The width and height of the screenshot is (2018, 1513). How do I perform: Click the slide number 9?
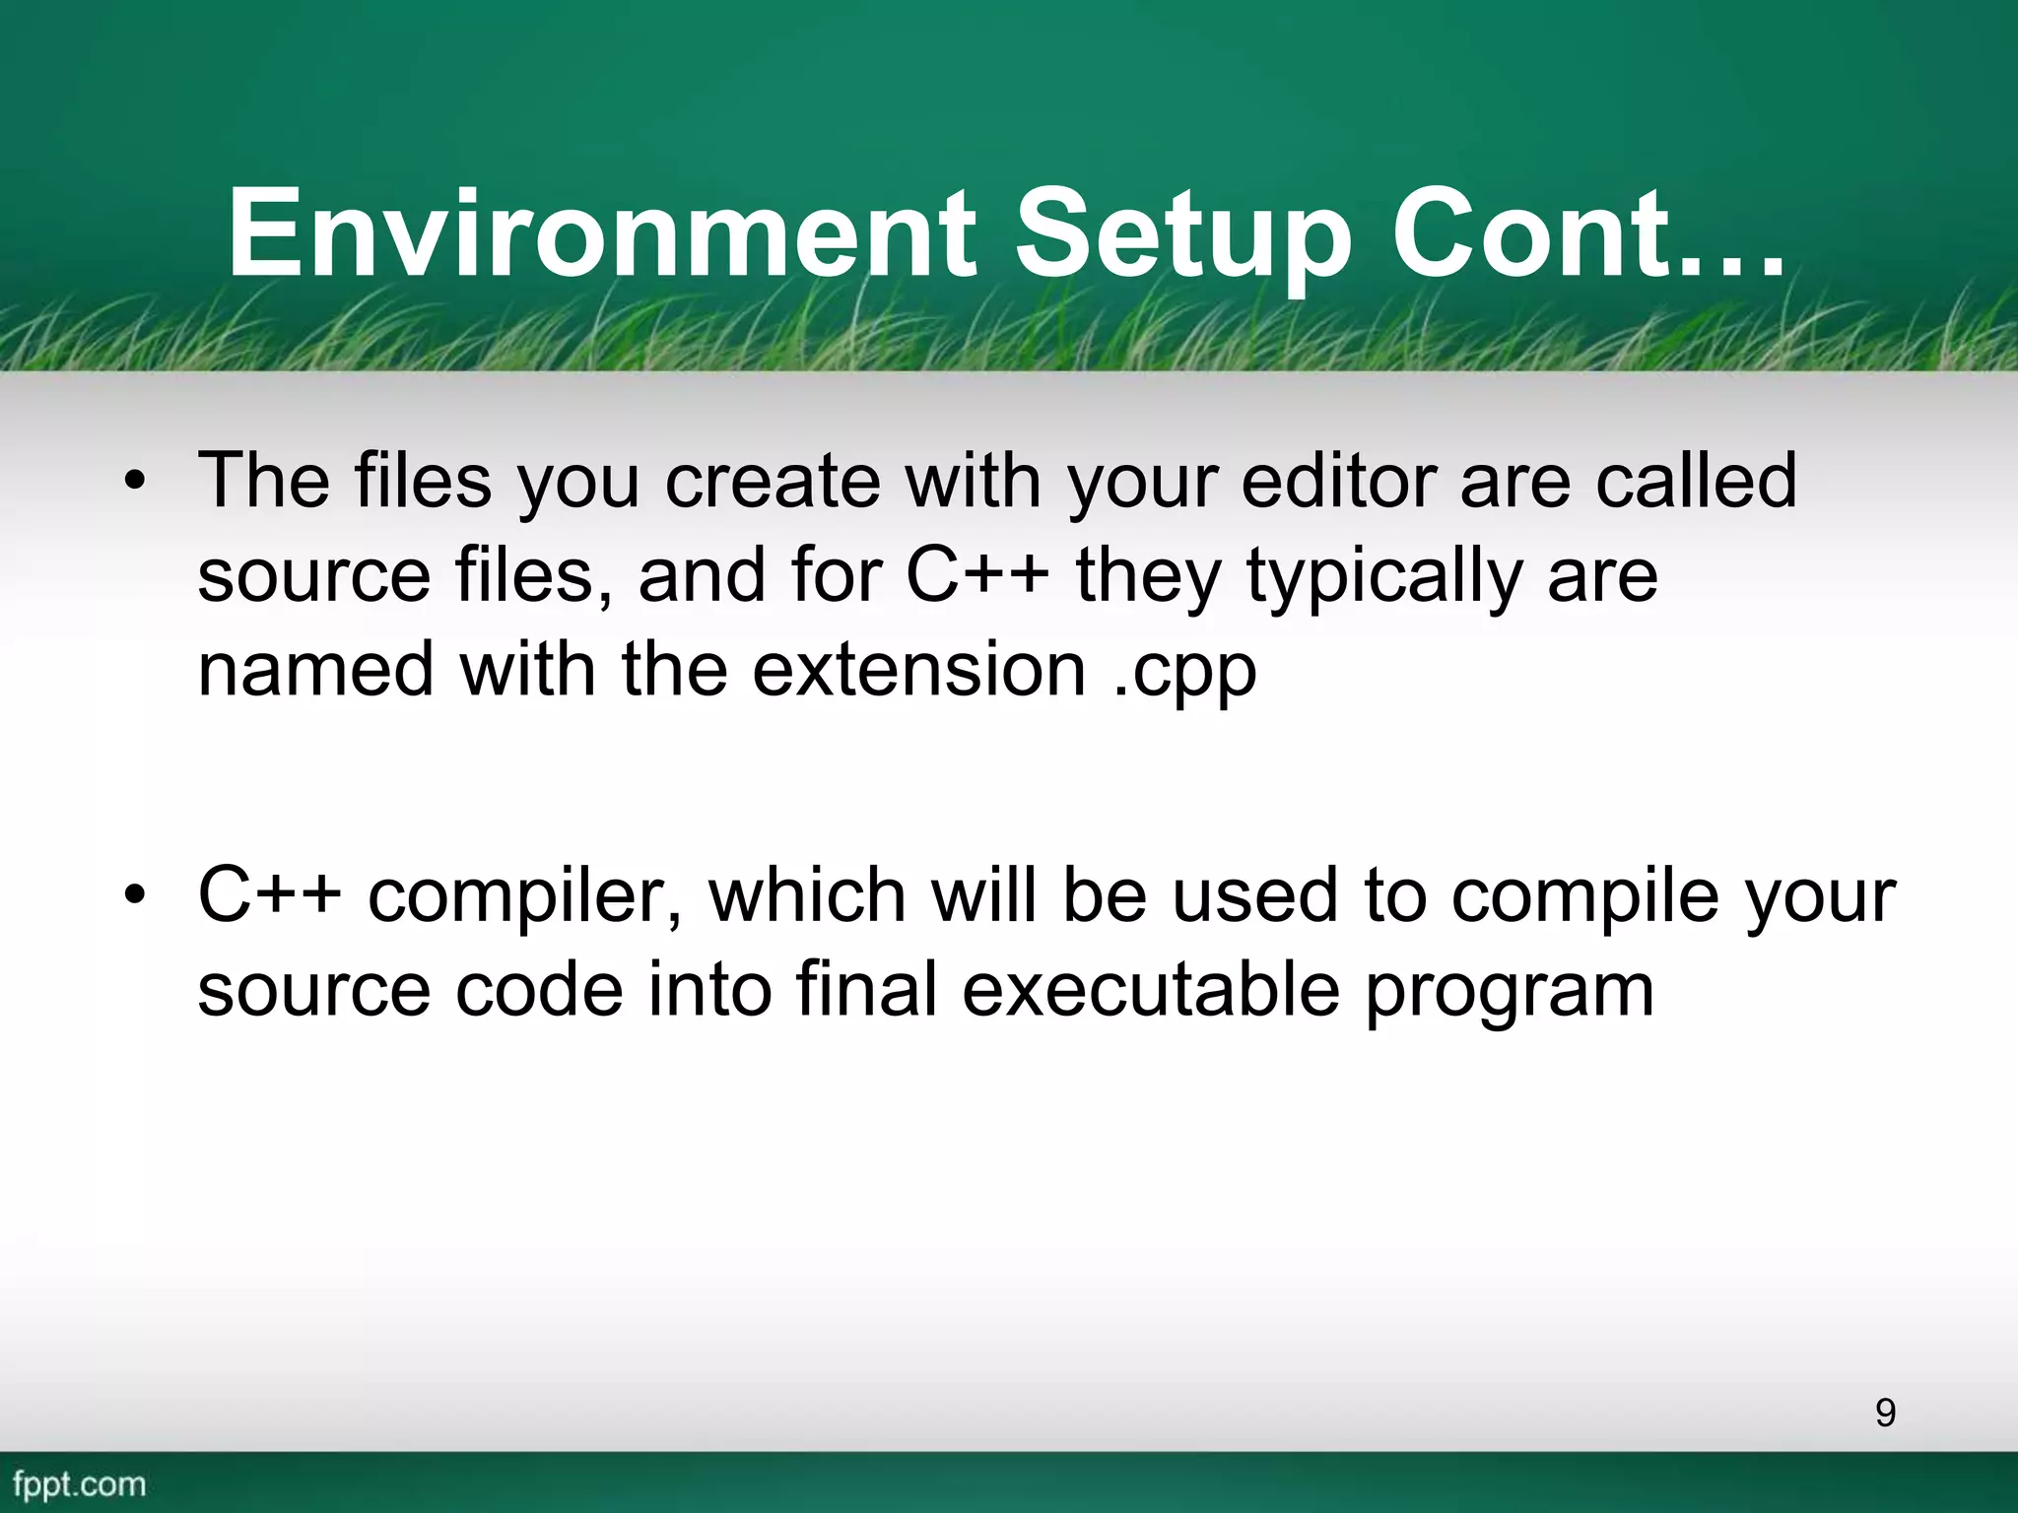point(1885,1413)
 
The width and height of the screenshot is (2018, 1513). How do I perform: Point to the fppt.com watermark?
point(80,1483)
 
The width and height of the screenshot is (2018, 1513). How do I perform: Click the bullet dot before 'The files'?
point(135,482)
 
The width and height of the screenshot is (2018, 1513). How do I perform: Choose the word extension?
point(919,670)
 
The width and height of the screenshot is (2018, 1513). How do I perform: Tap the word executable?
point(1150,990)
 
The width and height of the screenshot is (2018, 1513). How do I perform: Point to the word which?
point(807,895)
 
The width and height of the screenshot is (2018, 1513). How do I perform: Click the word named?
point(316,670)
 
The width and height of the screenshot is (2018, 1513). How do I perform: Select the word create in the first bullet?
point(773,481)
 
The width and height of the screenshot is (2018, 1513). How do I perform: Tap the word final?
point(866,990)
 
